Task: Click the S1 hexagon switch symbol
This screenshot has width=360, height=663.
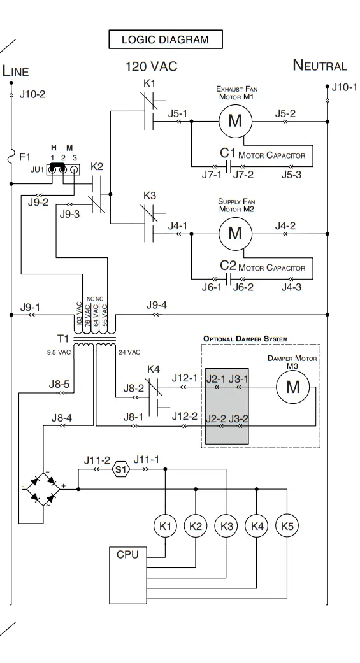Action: click(x=120, y=469)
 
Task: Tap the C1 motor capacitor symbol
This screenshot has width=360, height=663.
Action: click(x=229, y=167)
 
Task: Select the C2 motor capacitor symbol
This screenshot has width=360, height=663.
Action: click(x=229, y=279)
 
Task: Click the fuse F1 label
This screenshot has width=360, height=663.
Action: click(x=25, y=157)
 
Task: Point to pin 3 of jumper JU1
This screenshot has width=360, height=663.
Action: click(x=74, y=169)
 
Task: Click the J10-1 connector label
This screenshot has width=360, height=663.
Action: click(x=344, y=87)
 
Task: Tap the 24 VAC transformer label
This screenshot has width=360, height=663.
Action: click(x=129, y=352)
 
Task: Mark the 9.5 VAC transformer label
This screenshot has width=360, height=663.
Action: click(x=59, y=352)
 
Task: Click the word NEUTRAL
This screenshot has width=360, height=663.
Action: click(x=320, y=66)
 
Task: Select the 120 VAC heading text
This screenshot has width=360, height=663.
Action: click(x=152, y=66)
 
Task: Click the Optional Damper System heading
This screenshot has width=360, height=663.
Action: click(x=245, y=339)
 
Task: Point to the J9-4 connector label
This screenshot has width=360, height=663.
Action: click(x=157, y=305)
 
